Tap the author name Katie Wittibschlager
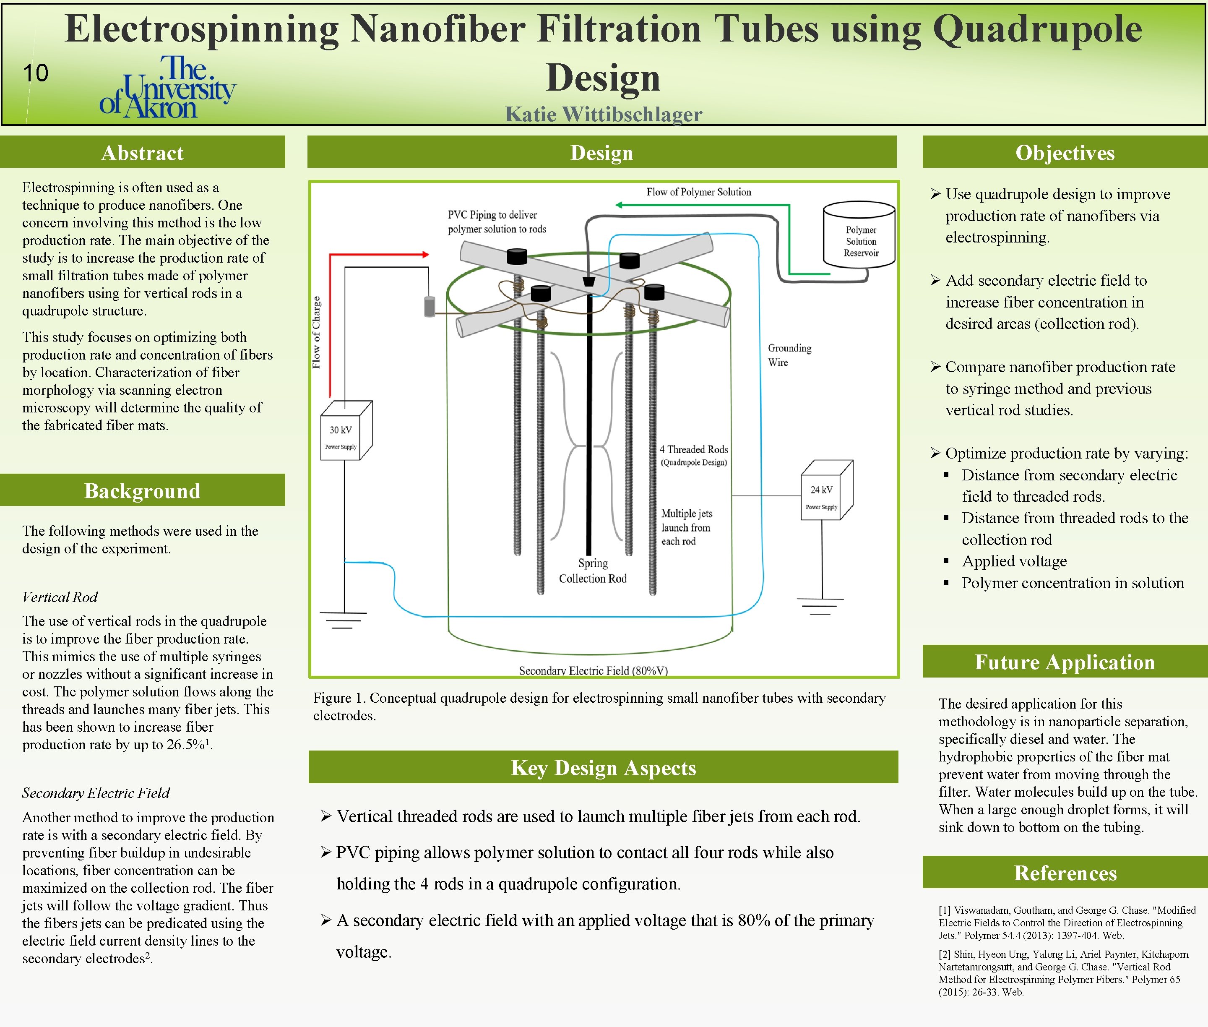point(603,114)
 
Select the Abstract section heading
point(142,153)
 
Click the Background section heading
point(142,491)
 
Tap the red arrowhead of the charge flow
point(426,254)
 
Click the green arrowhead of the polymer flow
point(620,205)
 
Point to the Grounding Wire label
point(789,354)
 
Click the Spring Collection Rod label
point(593,571)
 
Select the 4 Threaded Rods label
point(693,455)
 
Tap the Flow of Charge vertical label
point(317,332)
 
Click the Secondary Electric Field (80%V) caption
point(593,670)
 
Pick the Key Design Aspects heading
point(603,767)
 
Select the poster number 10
point(36,73)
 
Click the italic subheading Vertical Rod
point(60,597)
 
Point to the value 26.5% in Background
point(186,745)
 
